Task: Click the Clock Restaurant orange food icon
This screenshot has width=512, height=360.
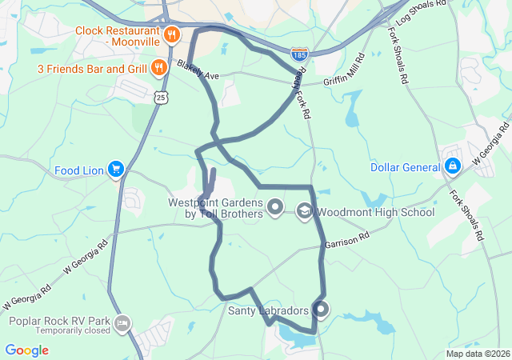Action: coord(172,34)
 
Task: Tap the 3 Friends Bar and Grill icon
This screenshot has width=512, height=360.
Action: coord(159,67)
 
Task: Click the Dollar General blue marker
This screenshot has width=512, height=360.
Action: coord(453,166)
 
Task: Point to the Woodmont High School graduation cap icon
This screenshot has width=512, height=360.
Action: coord(304,211)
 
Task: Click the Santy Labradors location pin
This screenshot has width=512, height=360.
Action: coord(321,309)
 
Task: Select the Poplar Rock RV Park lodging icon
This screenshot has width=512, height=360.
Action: coord(122,324)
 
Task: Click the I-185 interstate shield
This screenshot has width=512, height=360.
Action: coord(300,52)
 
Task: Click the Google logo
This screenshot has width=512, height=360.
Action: coord(26,350)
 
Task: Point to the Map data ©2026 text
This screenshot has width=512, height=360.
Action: coord(478,354)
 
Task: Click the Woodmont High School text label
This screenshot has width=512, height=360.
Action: coord(374,212)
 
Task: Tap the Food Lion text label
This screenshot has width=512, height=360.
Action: coord(79,170)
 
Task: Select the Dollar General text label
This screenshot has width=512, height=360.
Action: coord(406,167)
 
